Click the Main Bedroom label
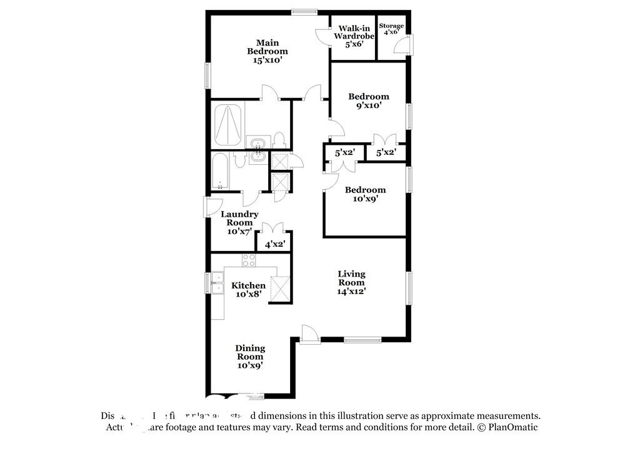click(267, 51)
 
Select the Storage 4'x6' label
click(393, 29)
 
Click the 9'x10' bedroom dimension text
click(368, 106)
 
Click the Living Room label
click(351, 282)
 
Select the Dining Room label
click(250, 357)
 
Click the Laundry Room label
click(239, 222)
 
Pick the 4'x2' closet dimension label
click(275, 245)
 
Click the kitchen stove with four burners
click(249, 260)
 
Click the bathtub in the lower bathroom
click(221, 172)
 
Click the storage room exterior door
click(406, 45)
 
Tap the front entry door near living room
click(309, 334)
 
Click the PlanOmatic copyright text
click(507, 428)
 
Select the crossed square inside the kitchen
click(280, 288)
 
